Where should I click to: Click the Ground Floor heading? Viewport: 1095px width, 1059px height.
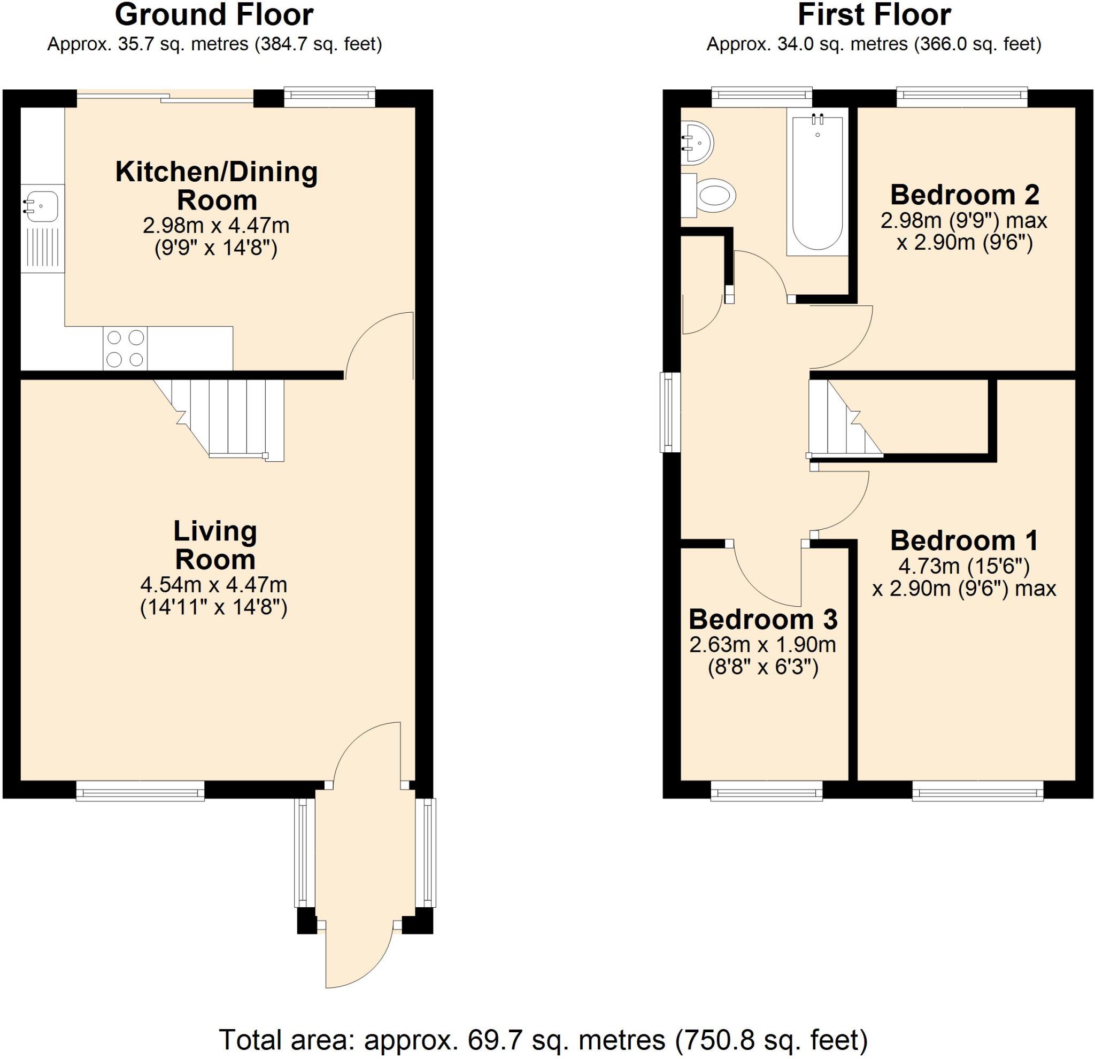[214, 15]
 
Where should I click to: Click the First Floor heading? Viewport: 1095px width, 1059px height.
[874, 15]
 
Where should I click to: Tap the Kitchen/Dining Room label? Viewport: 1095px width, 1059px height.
[217, 185]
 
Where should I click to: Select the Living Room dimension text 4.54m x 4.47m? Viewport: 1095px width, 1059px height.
[214, 585]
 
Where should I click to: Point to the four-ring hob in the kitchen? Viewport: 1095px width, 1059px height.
[125, 349]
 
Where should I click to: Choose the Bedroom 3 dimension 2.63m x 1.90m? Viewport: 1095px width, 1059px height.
[762, 645]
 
